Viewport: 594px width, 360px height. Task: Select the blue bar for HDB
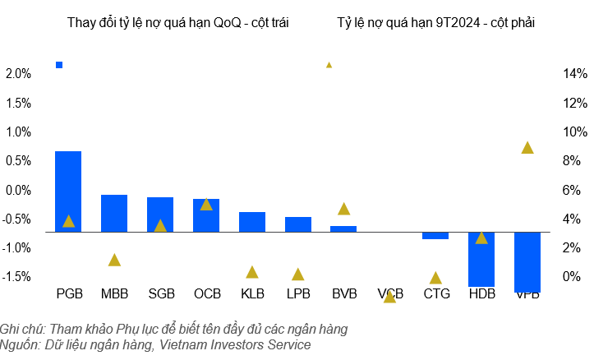pyautogui.click(x=481, y=259)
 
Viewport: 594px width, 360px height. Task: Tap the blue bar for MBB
pyautogui.click(x=114, y=213)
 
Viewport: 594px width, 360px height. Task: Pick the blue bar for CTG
pyautogui.click(x=435, y=236)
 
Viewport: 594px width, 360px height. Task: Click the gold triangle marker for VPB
pyautogui.click(x=527, y=148)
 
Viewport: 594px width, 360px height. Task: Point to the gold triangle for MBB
pyautogui.click(x=114, y=260)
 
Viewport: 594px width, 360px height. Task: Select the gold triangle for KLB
pyautogui.click(x=252, y=272)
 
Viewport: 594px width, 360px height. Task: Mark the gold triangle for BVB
pyautogui.click(x=344, y=209)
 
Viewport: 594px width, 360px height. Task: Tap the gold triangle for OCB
pyautogui.click(x=206, y=204)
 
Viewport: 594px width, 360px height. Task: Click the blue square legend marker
pyautogui.click(x=59, y=65)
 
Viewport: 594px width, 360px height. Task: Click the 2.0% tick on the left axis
pyautogui.click(x=18, y=74)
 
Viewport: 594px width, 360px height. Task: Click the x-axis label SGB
pyautogui.click(x=160, y=293)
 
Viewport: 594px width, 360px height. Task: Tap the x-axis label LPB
pyautogui.click(x=298, y=293)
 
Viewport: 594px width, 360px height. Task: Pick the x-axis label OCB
pyautogui.click(x=206, y=293)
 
